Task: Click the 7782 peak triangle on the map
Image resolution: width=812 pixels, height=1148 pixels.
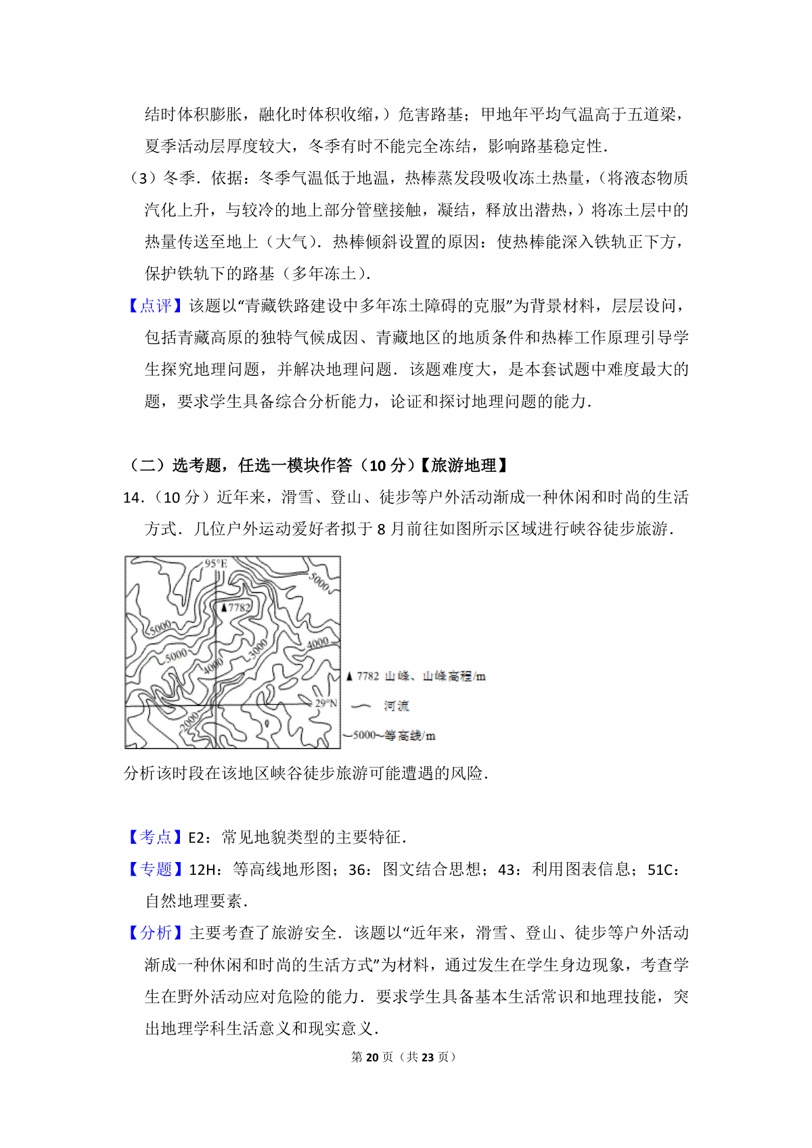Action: pyautogui.click(x=224, y=608)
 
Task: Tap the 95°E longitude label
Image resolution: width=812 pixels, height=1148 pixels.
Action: pyautogui.click(x=216, y=564)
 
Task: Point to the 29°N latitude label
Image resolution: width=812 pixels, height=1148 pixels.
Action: pyautogui.click(x=326, y=703)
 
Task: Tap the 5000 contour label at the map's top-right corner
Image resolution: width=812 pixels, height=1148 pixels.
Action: pyautogui.click(x=319, y=581)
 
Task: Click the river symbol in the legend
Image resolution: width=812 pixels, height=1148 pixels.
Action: pyautogui.click(x=361, y=706)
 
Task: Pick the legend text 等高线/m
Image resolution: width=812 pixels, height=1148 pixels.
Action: pyautogui.click(x=410, y=736)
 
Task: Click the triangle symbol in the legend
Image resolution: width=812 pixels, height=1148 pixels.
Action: pyautogui.click(x=349, y=676)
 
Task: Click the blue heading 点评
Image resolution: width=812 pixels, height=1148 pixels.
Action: pyautogui.click(x=156, y=306)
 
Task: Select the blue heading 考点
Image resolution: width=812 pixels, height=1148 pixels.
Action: pyautogui.click(x=156, y=837)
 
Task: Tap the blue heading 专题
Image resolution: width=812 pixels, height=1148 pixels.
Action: pyautogui.click(x=156, y=869)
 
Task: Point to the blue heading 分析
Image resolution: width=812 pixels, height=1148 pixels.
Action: pyautogui.click(x=156, y=933)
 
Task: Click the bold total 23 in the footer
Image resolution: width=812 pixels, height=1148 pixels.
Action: pyautogui.click(x=427, y=1057)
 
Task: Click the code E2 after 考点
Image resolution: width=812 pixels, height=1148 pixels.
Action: pyautogui.click(x=196, y=838)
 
